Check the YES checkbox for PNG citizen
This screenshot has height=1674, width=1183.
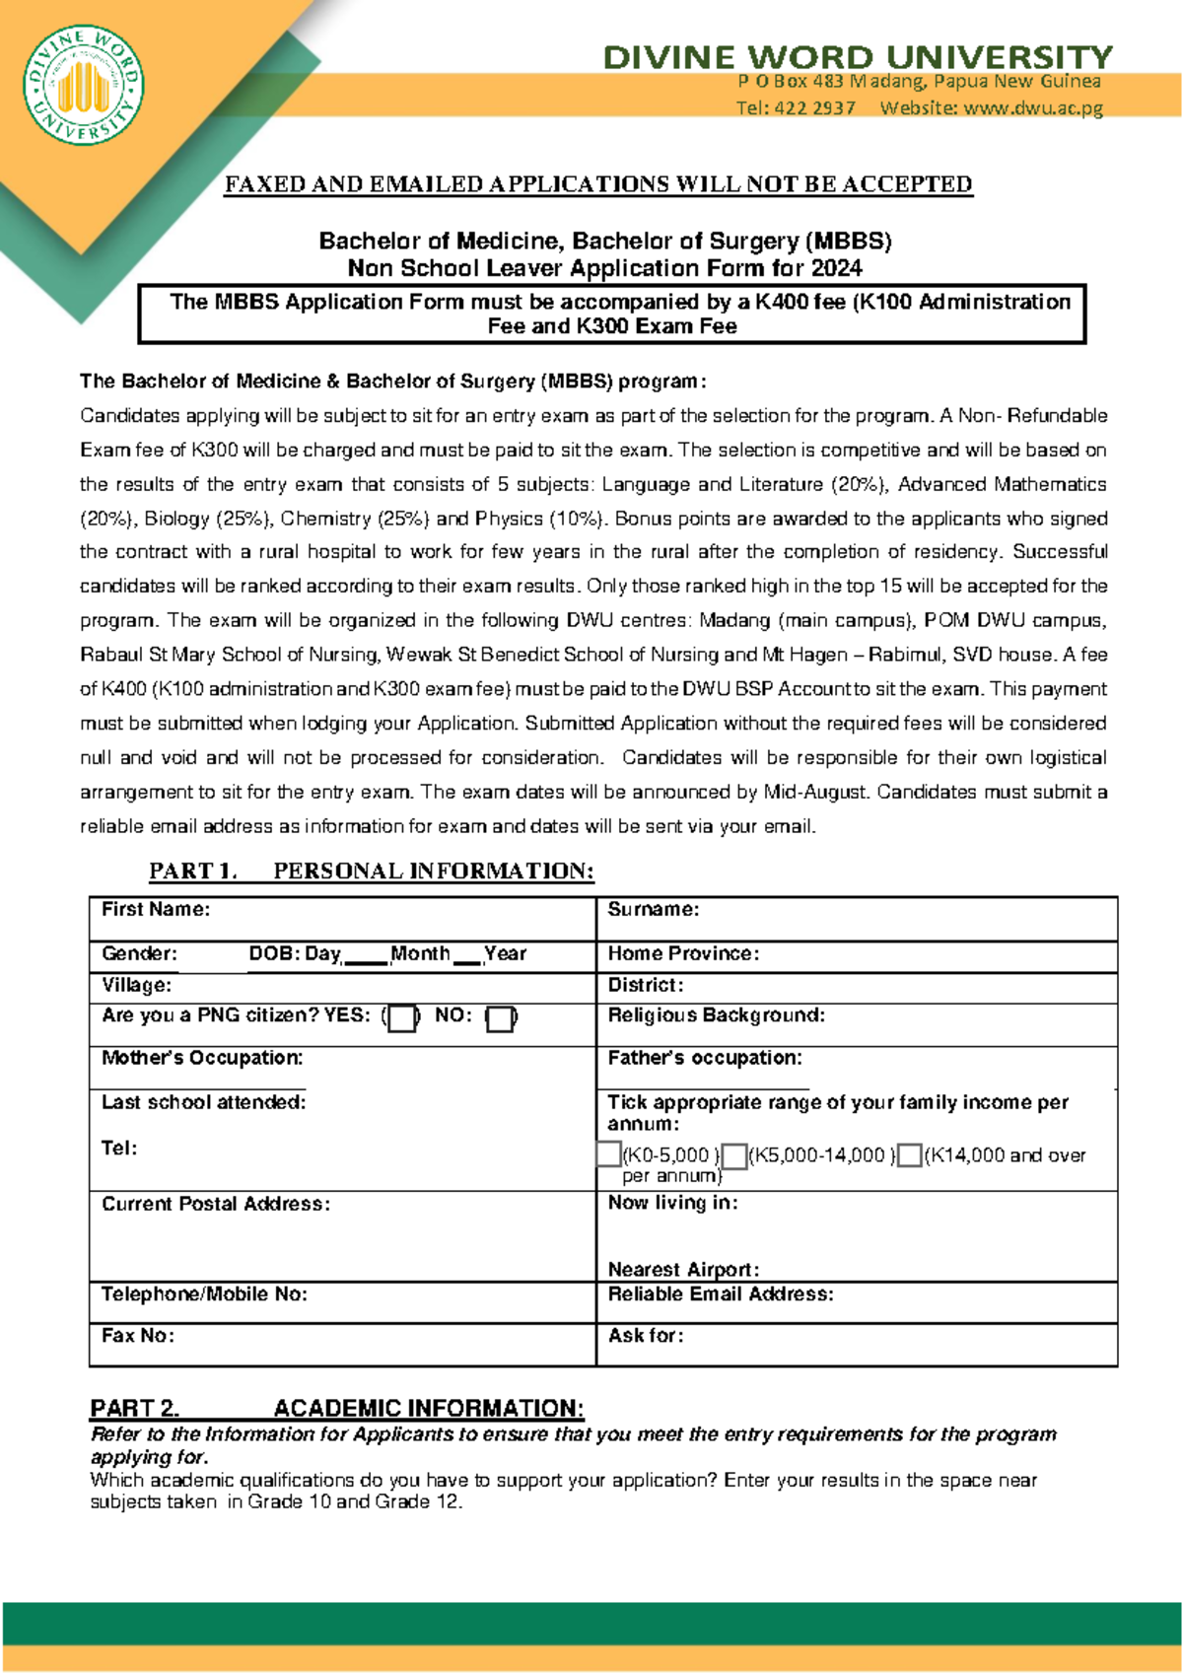click(x=401, y=1018)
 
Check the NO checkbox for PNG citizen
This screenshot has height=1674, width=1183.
click(x=501, y=1018)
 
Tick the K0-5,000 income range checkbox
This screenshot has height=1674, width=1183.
click(x=609, y=1153)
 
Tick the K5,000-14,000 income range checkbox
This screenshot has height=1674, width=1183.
click(x=734, y=1155)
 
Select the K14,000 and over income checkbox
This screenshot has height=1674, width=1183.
click(x=910, y=1155)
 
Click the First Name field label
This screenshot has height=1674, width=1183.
click(x=156, y=909)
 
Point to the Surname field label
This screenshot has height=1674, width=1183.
click(x=653, y=909)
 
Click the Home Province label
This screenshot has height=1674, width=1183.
click(x=683, y=953)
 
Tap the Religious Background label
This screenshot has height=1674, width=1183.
click(x=716, y=1014)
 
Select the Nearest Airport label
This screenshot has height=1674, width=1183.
click(x=683, y=1269)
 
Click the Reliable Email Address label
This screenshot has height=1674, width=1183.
click(x=720, y=1293)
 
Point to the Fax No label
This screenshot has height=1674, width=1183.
click(x=138, y=1335)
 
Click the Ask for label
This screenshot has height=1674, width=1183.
click(x=645, y=1335)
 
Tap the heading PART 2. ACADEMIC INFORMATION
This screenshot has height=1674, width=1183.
click(x=336, y=1407)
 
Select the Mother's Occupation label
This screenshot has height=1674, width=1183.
click(x=202, y=1057)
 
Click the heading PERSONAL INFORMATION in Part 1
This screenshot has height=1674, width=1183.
click(x=433, y=871)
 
